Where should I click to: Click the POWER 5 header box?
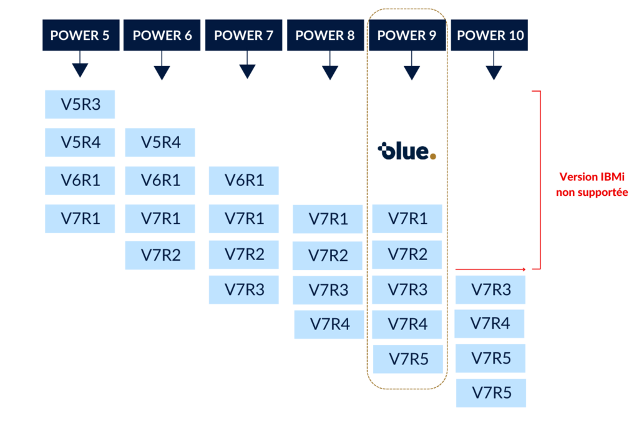[80, 36]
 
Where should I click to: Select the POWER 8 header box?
[324, 36]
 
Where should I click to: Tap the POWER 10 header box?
[490, 36]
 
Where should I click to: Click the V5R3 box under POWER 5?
[80, 104]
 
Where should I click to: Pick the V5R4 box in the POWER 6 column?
[160, 142]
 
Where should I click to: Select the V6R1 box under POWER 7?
[244, 181]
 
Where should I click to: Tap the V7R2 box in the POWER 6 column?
[160, 255]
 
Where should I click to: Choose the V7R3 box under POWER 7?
[244, 289]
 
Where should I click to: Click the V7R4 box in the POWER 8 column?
[329, 324]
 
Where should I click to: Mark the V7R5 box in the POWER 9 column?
[408, 359]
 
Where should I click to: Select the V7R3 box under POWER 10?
[490, 289]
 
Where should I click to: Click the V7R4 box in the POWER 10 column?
[489, 324]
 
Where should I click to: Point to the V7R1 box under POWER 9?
[407, 218]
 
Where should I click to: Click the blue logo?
[407, 152]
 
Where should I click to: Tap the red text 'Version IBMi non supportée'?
[592, 185]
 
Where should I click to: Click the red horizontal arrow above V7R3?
[492, 269]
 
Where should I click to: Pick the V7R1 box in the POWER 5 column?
[80, 218]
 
